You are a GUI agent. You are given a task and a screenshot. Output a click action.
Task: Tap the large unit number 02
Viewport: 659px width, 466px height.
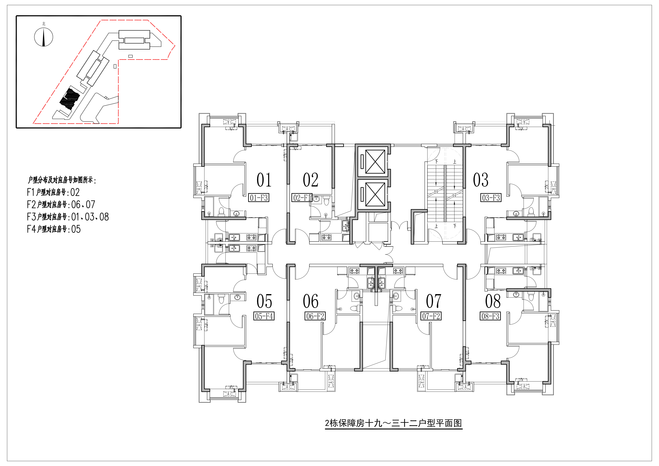(x=311, y=180)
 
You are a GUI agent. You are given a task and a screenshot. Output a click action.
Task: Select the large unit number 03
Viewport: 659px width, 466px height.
(x=481, y=180)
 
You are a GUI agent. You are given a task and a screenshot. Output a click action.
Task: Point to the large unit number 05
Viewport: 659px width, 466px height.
(x=264, y=301)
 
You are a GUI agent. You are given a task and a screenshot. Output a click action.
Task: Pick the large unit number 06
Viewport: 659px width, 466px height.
(x=311, y=301)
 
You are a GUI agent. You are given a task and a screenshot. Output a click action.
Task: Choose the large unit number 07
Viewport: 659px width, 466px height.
(x=433, y=301)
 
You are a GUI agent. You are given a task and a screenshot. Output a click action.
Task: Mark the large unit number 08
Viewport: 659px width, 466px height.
(x=493, y=301)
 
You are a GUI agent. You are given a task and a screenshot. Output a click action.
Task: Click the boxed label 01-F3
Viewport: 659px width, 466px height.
(x=259, y=198)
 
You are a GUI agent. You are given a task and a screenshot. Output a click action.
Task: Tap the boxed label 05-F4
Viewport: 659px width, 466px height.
(x=264, y=316)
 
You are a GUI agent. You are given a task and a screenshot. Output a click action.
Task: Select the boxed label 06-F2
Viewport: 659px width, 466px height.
(x=315, y=316)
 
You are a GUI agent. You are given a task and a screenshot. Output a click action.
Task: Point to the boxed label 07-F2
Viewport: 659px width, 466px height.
(x=431, y=316)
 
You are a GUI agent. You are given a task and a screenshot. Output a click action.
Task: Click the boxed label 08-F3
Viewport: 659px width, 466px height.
(x=490, y=316)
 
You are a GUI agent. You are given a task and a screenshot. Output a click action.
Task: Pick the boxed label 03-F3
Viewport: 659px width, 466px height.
(x=491, y=198)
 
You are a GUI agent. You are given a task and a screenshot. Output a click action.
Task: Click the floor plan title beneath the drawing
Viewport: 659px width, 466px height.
(x=393, y=423)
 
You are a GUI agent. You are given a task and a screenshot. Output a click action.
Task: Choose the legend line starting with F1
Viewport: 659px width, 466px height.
(x=53, y=192)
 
